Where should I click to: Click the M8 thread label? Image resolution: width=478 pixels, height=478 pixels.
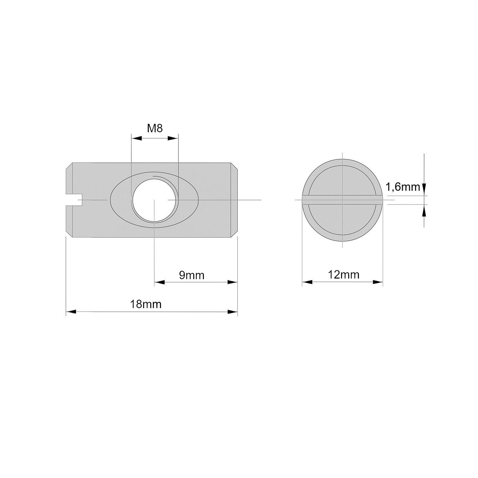click(x=155, y=128)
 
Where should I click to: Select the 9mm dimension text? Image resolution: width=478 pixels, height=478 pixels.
click(x=192, y=275)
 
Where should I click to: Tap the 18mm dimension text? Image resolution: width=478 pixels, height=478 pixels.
click(x=146, y=304)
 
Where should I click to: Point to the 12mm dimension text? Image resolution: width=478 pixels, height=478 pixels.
click(x=344, y=275)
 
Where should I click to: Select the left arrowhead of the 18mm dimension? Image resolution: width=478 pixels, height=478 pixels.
click(x=71, y=312)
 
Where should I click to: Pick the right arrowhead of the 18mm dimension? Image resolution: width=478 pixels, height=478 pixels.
click(x=232, y=312)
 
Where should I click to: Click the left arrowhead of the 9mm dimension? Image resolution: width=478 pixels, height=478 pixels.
click(x=160, y=282)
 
